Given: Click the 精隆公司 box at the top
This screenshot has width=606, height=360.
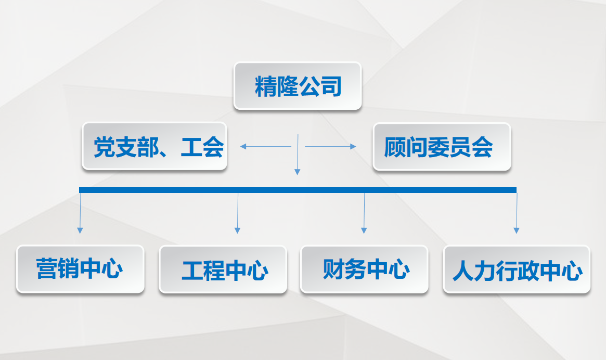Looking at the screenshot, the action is (x=298, y=86).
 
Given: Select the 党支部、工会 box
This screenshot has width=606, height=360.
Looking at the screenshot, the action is (x=154, y=146).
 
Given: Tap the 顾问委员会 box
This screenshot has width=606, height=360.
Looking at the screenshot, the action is (x=442, y=147).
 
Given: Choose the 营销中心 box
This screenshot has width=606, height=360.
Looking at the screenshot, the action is (x=81, y=269).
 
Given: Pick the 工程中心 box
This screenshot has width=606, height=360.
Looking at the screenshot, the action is (x=223, y=269).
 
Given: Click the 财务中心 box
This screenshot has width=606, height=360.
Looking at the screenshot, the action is (x=365, y=269).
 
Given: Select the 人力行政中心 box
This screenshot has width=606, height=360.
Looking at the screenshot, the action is (x=517, y=269).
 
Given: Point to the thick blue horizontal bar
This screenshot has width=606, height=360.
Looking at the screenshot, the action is (x=298, y=190).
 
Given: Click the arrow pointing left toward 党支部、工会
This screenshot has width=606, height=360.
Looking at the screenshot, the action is (x=265, y=147).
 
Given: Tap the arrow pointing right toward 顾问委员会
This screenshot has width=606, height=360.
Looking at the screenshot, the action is (x=330, y=147).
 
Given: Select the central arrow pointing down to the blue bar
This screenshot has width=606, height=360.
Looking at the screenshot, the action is (x=298, y=155).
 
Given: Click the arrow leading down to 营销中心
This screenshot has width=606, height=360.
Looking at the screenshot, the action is (x=80, y=213).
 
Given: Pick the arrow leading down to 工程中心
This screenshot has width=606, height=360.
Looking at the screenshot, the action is (x=238, y=213).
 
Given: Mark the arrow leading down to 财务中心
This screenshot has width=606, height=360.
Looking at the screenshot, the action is (x=364, y=213).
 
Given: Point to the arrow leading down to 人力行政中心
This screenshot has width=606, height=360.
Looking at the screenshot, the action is (x=517, y=213).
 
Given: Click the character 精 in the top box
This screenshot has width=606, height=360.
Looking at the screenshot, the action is (x=265, y=86).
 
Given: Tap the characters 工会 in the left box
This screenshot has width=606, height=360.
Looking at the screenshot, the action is (x=202, y=147).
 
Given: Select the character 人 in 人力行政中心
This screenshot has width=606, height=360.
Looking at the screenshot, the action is (x=463, y=271).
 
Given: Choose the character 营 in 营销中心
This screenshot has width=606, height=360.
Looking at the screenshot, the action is (x=47, y=268).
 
